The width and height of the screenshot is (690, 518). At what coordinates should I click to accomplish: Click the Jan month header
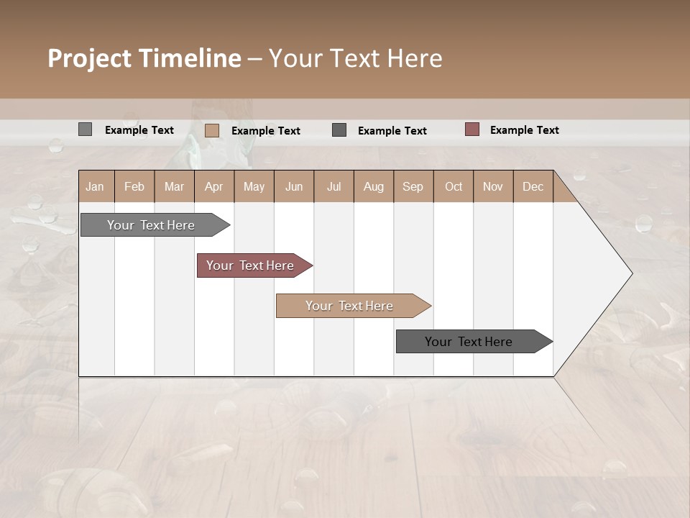pyautogui.click(x=96, y=186)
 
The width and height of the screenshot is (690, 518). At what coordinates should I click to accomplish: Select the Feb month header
pyautogui.click(x=134, y=186)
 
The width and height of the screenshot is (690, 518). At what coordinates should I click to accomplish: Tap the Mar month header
pyautogui.click(x=174, y=186)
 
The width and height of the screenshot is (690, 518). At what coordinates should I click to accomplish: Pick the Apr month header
pyautogui.click(x=214, y=186)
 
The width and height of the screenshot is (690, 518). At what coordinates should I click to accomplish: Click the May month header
pyautogui.click(x=254, y=186)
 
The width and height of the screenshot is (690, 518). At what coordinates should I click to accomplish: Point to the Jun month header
pyautogui.click(x=294, y=186)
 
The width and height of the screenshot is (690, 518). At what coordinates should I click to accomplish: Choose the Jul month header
pyautogui.click(x=333, y=186)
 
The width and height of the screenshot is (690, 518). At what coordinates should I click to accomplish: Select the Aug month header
pyautogui.click(x=374, y=186)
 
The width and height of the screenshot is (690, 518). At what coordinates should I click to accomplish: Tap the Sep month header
pyautogui.click(x=413, y=186)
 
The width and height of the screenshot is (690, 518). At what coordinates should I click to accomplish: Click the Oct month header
pyautogui.click(x=454, y=186)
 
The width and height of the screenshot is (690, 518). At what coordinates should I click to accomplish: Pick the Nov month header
pyautogui.click(x=493, y=186)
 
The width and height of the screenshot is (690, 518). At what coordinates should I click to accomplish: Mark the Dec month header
pyautogui.click(x=533, y=186)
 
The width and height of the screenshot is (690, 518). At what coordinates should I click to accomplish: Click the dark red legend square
pyautogui.click(x=471, y=129)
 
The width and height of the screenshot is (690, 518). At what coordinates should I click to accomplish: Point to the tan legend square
pyautogui.click(x=212, y=130)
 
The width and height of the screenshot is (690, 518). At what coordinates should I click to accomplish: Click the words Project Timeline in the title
pyautogui.click(x=144, y=58)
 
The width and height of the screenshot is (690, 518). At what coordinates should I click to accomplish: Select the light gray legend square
pyautogui.click(x=85, y=129)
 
